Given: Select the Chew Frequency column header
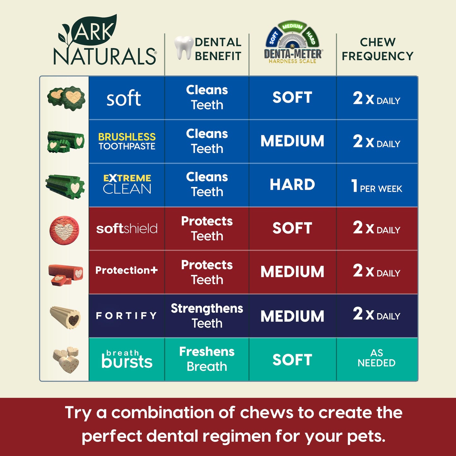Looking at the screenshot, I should click(377, 49).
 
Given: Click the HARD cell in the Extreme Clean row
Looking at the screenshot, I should click(292, 185).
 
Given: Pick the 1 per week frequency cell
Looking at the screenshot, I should click(377, 186).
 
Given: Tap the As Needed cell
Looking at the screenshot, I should click(376, 358).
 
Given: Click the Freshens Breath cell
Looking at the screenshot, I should click(207, 359).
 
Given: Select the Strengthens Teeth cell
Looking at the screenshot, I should click(207, 316).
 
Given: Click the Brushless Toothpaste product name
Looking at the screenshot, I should click(127, 141).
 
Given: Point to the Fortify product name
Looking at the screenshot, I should click(127, 316).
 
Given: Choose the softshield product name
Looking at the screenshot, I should click(127, 229).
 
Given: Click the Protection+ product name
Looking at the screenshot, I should click(127, 270).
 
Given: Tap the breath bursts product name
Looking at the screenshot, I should click(127, 359).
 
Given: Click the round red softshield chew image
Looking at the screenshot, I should click(64, 230).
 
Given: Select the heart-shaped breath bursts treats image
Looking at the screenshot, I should click(66, 359).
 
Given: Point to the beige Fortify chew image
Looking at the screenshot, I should click(66, 317).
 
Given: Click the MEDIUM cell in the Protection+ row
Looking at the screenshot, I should click(292, 272).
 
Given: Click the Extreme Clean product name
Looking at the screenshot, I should click(127, 184).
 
